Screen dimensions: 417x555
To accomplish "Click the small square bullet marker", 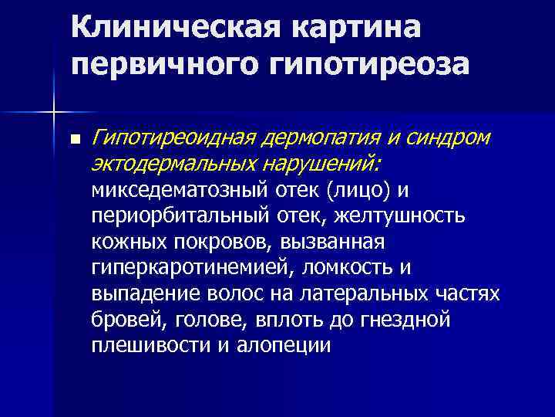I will (74, 141).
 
